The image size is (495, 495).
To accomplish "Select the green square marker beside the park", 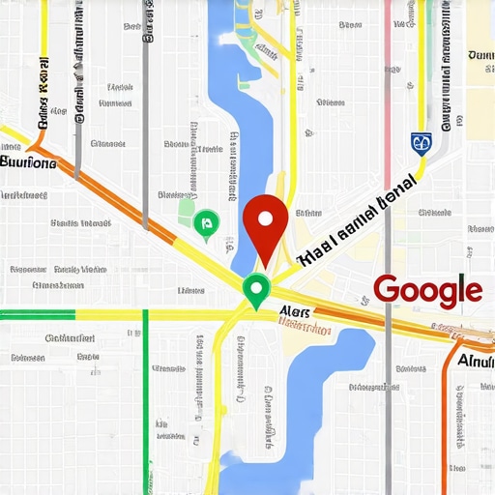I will [x=204, y=225].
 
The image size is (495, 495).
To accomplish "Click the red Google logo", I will [x=427, y=289].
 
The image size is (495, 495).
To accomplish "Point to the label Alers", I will [x=295, y=311].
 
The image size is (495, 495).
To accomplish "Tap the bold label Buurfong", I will [x=29, y=161].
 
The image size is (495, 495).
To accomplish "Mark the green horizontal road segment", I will [x=37, y=314].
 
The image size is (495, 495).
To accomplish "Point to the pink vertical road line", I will [x=387, y=58].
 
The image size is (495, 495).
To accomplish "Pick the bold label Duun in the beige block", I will [x=480, y=56].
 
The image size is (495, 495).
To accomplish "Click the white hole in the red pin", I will [x=264, y=216].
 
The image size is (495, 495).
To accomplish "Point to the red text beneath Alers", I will [x=305, y=328].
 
